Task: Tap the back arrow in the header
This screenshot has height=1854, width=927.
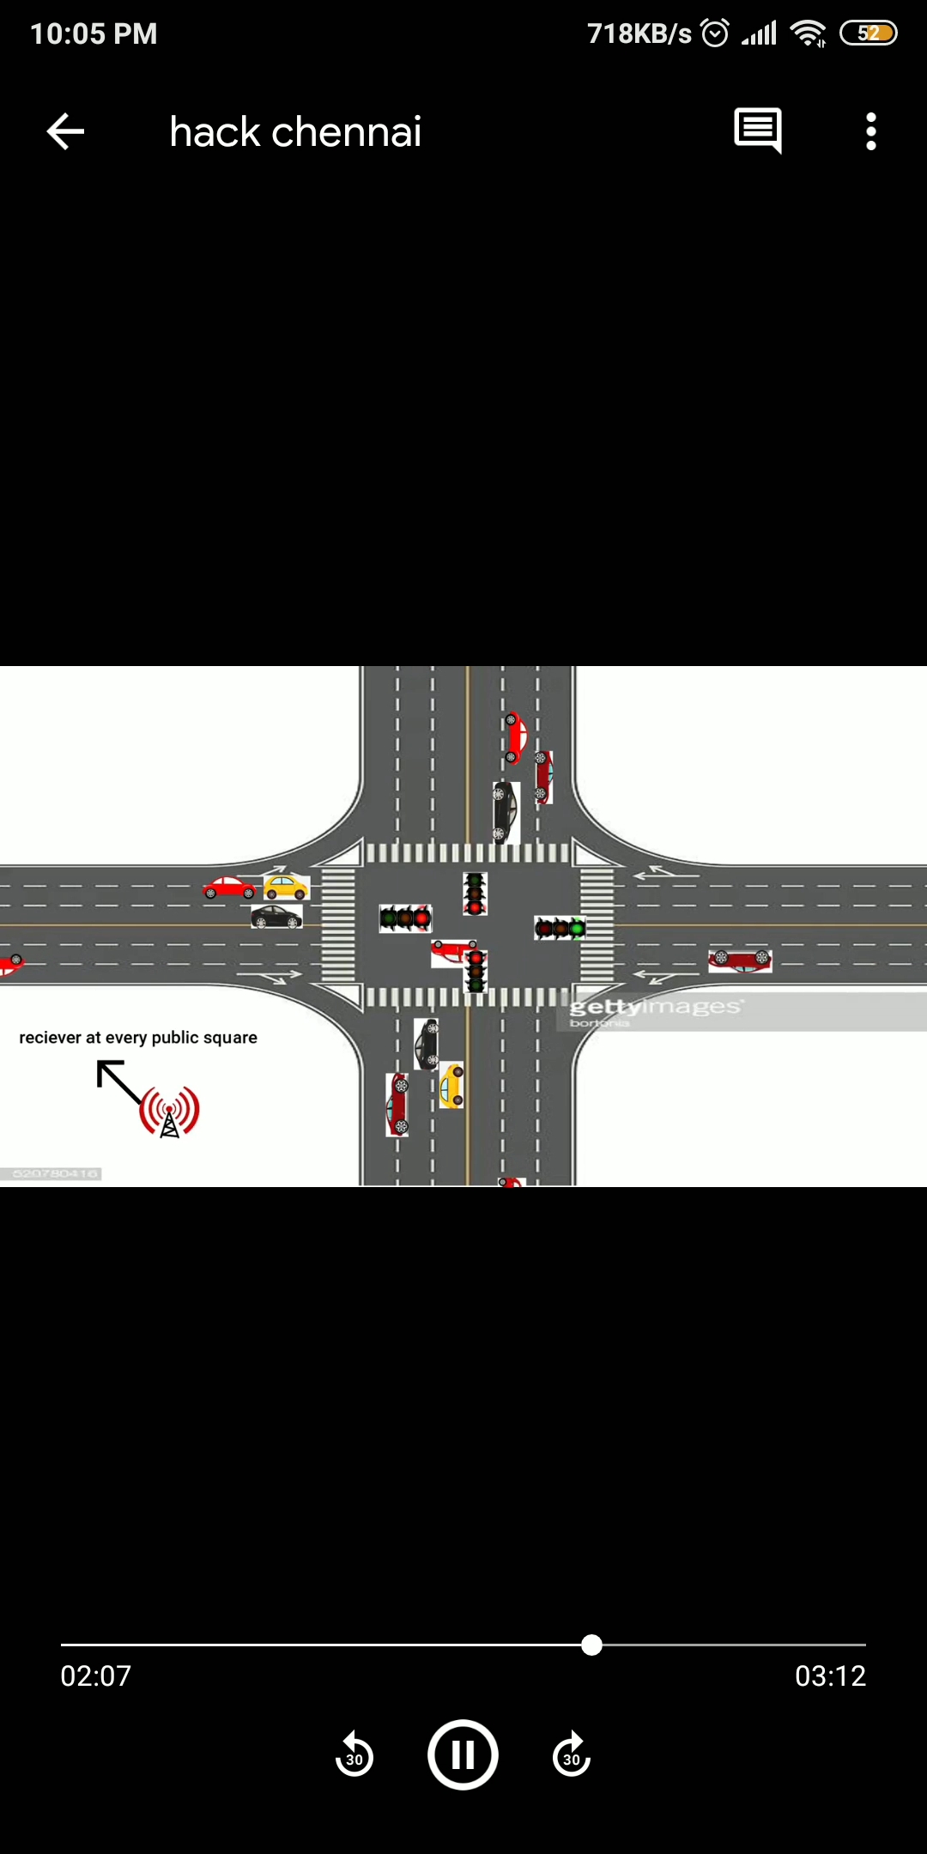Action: tap(65, 132)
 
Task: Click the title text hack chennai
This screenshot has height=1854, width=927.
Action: tap(295, 132)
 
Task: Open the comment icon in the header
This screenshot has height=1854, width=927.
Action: tap(758, 130)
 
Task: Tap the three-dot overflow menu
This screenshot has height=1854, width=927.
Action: tap(871, 132)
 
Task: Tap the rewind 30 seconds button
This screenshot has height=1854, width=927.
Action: tap(354, 1755)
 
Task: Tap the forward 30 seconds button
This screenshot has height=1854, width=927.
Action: tap(572, 1755)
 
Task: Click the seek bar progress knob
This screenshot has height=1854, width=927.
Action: tap(591, 1645)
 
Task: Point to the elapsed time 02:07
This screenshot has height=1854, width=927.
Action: tap(96, 1675)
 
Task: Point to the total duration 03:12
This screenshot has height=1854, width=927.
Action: tap(830, 1675)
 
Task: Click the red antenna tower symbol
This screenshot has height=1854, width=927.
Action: tap(170, 1112)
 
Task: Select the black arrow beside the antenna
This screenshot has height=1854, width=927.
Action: tap(118, 1081)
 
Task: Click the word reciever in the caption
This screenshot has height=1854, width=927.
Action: tap(50, 1038)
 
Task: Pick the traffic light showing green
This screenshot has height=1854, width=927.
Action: tap(560, 928)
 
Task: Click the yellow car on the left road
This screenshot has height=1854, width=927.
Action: tap(286, 886)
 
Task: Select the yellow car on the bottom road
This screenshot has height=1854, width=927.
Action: tap(451, 1086)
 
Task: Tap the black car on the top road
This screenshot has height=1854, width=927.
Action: tap(505, 812)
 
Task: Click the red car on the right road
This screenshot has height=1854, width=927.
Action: tap(740, 960)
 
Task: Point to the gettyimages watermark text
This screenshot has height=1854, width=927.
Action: tap(656, 1007)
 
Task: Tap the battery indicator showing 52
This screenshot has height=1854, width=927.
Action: tap(869, 33)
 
